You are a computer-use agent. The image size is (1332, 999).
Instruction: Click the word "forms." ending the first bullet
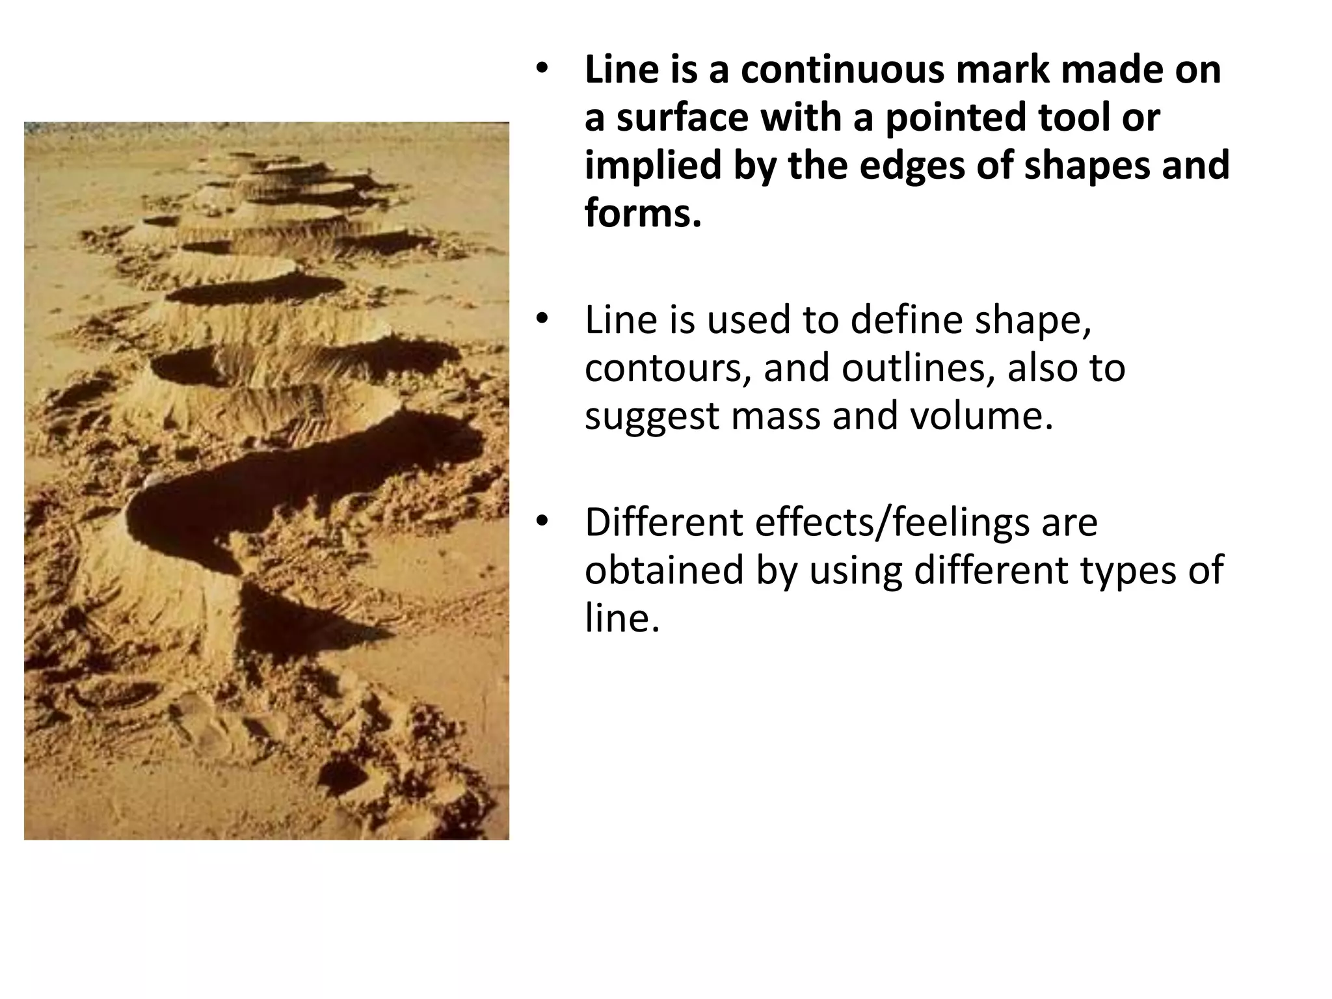[643, 214]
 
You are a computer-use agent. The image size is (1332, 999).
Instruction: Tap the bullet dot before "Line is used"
[542, 321]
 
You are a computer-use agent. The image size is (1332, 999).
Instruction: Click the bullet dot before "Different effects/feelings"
[542, 522]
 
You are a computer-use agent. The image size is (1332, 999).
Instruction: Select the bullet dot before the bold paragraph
[542, 70]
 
